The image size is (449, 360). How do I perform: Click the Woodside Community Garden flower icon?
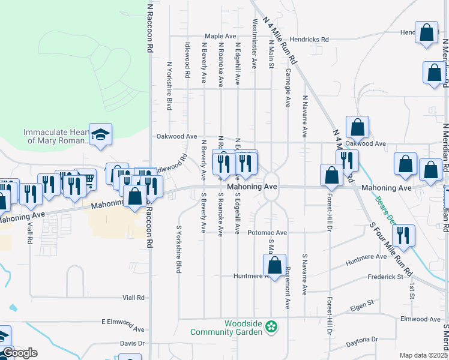point(271,327)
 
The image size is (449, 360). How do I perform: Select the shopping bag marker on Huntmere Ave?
point(274,265)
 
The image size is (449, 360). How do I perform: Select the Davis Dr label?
point(133,343)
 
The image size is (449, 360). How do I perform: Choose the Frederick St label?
point(385,277)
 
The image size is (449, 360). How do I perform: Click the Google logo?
point(19,353)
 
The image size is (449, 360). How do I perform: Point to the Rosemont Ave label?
point(288,288)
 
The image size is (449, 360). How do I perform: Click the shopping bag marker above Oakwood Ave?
point(357,127)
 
